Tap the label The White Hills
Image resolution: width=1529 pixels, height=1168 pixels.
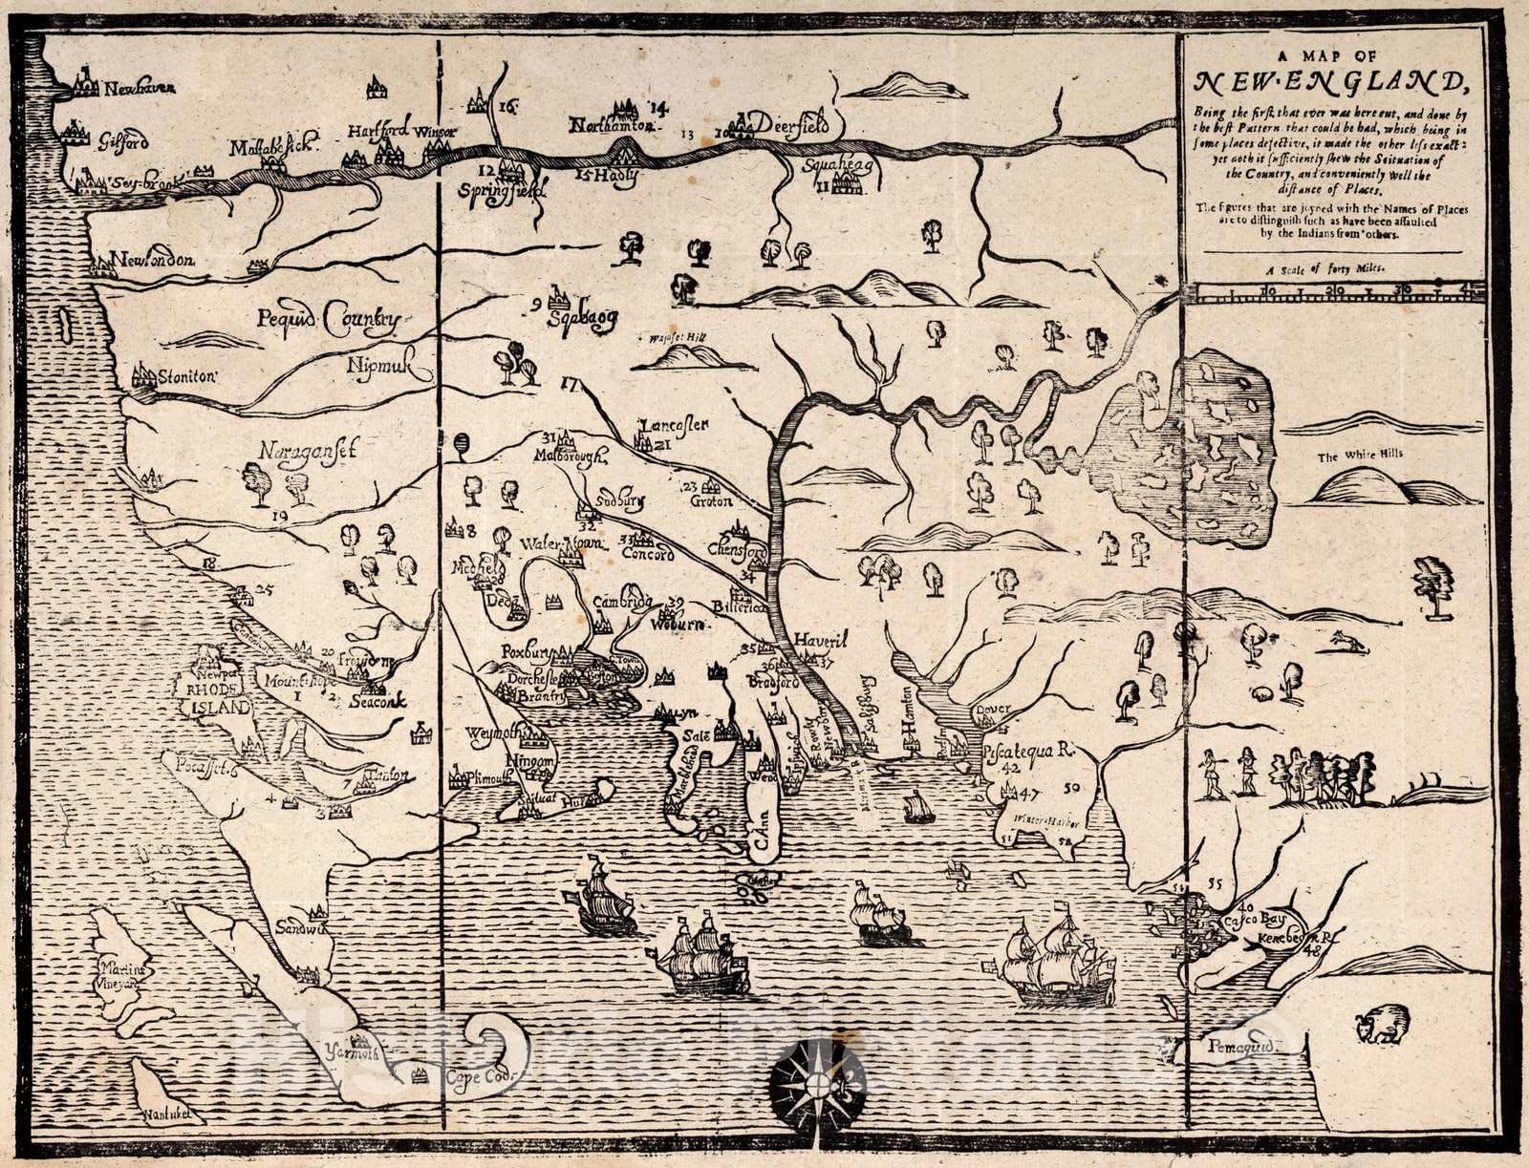click(1360, 456)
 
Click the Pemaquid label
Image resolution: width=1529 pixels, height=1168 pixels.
click(1240, 1046)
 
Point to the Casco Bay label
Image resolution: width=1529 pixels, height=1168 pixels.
click(1267, 911)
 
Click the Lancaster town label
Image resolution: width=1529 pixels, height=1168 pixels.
click(674, 425)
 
